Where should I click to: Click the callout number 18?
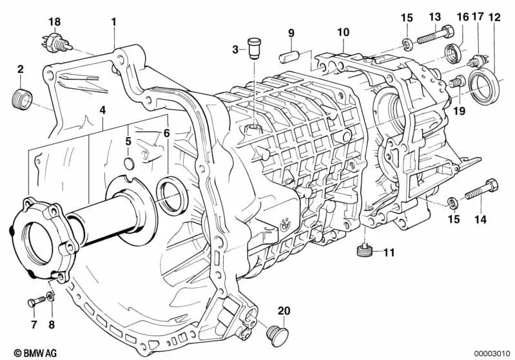[53, 21]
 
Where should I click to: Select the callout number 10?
[343, 32]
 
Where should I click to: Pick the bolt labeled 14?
[480, 190]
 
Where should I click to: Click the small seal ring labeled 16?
[453, 52]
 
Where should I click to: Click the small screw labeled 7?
[34, 301]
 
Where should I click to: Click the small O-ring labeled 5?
[128, 164]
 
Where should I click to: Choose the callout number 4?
[102, 111]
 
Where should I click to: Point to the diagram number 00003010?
[492, 353]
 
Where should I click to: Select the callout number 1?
[113, 21]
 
